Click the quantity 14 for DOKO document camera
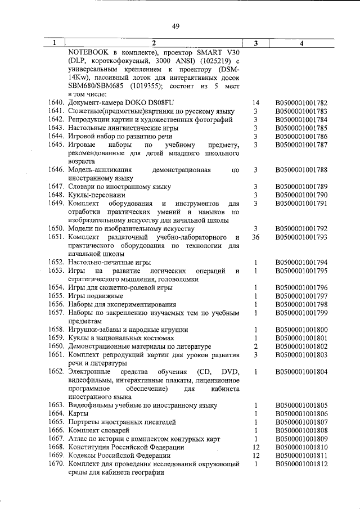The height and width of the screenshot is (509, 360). [255, 103]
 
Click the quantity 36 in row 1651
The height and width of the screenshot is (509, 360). [255, 237]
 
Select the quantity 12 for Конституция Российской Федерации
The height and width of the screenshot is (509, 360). [255, 447]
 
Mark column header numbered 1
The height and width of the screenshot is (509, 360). [55, 43]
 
